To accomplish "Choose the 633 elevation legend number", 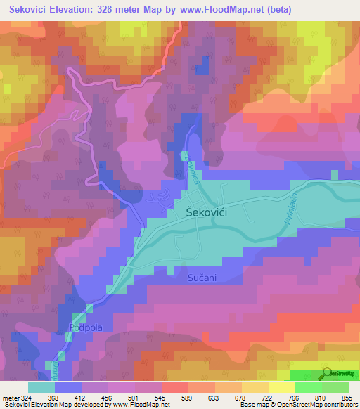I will pyautogui.click(x=215, y=397).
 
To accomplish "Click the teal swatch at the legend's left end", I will pyautogui.click(x=41, y=387).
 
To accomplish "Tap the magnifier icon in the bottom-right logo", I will pyautogui.click(x=328, y=374).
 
